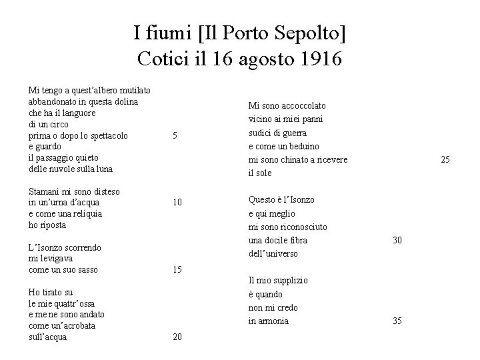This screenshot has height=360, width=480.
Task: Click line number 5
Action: click(175, 136)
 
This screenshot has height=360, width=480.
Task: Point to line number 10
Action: click(177, 202)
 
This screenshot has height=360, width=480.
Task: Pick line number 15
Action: click(177, 270)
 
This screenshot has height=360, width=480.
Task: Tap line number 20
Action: click(177, 337)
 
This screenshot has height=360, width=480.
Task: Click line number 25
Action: click(445, 159)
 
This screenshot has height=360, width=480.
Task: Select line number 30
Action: click(397, 240)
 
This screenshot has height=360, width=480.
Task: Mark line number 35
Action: click(397, 321)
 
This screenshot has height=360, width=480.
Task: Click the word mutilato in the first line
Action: click(133, 90)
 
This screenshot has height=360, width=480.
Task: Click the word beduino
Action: click(304, 146)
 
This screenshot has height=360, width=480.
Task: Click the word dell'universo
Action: click(273, 253)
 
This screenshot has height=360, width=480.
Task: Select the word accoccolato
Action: click(303, 105)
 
